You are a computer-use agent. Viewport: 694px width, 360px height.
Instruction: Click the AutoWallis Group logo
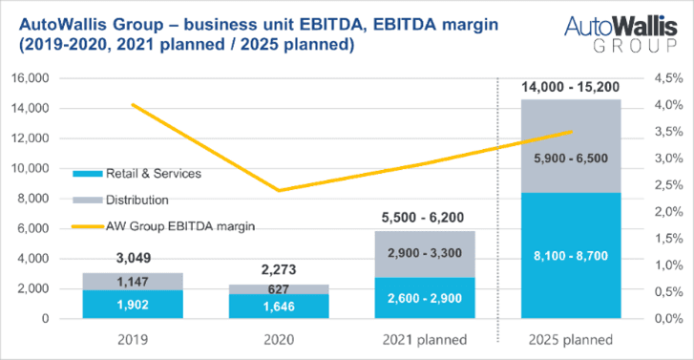pyautogui.click(x=620, y=34)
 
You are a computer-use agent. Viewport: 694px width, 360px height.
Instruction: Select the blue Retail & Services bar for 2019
pyautogui.click(x=133, y=305)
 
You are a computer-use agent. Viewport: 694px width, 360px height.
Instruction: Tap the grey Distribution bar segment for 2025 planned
pyautogui.click(x=571, y=146)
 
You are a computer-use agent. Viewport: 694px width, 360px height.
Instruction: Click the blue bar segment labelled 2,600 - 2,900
pyautogui.click(x=425, y=298)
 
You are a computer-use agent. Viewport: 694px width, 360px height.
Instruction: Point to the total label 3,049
pyautogui.click(x=134, y=258)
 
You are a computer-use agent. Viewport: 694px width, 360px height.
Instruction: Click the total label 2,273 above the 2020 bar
pyautogui.click(x=279, y=269)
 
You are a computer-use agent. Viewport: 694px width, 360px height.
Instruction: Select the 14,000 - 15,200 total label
pyautogui.click(x=571, y=87)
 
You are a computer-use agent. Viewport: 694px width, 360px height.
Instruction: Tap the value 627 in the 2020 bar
pyautogui.click(x=279, y=289)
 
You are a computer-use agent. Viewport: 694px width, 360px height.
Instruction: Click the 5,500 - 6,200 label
pyautogui.click(x=423, y=218)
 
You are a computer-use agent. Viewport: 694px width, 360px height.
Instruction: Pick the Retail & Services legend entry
pyautogui.click(x=137, y=174)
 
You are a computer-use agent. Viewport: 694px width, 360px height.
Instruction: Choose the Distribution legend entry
pyautogui.click(x=121, y=201)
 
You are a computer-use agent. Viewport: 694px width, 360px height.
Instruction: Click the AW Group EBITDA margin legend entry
pyautogui.click(x=164, y=226)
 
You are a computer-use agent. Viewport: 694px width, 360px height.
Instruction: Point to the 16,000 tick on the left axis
pyautogui.click(x=31, y=78)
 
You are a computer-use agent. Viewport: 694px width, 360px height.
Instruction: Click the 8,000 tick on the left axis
pyautogui.click(x=33, y=199)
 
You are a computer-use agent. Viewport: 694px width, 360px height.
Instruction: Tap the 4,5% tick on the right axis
pyautogui.click(x=669, y=78)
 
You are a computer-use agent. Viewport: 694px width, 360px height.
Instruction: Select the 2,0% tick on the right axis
pyautogui.click(x=669, y=212)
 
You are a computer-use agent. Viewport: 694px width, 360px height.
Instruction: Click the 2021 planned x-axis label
pyautogui.click(x=425, y=340)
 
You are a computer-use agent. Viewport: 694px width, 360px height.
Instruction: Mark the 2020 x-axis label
pyautogui.click(x=279, y=340)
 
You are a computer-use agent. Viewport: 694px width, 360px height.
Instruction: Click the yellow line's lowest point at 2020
pyautogui.click(x=279, y=191)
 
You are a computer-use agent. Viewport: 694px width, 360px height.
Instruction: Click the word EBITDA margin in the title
pyautogui.click(x=436, y=25)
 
